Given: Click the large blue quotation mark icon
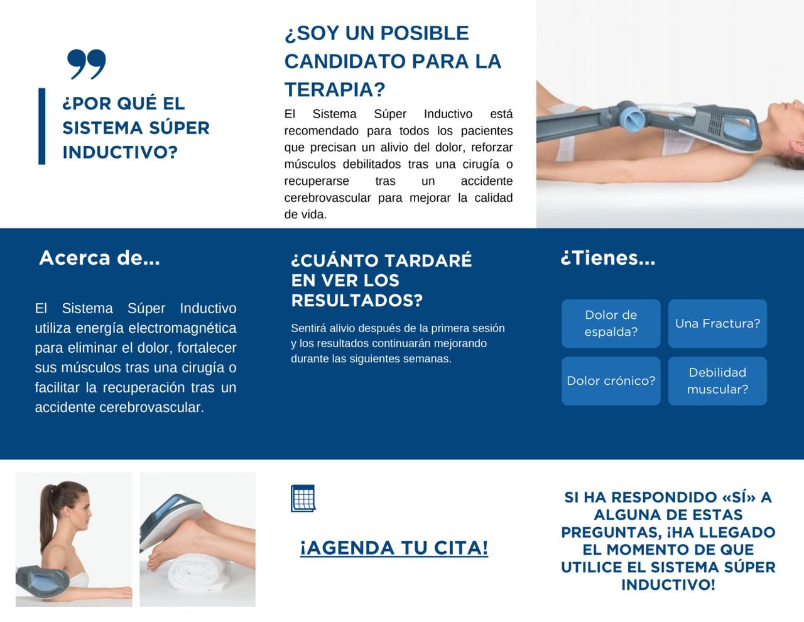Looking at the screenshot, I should pos(87,64).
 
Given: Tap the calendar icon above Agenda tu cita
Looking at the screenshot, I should pos(303,499).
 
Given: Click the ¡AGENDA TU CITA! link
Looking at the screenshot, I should pos(394,548).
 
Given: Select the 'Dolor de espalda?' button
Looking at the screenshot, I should pos(611,323).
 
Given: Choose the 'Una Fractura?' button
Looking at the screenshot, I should pos(717,323).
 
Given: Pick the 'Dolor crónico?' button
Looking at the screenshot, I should pos(611,380).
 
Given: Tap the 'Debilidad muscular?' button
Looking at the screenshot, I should pos(717,380).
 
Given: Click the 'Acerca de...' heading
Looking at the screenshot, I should pos(99,258).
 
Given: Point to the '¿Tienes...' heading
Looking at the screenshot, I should pos(607,258).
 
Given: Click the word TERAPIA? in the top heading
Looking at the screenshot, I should pos(334,90).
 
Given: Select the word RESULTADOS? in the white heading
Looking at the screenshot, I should pos(357,301).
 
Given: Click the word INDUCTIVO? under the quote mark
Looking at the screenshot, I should pos(120,152).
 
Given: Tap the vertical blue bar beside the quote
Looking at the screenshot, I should pos(42,126).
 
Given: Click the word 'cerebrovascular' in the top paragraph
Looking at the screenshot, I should pos(327,198).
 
